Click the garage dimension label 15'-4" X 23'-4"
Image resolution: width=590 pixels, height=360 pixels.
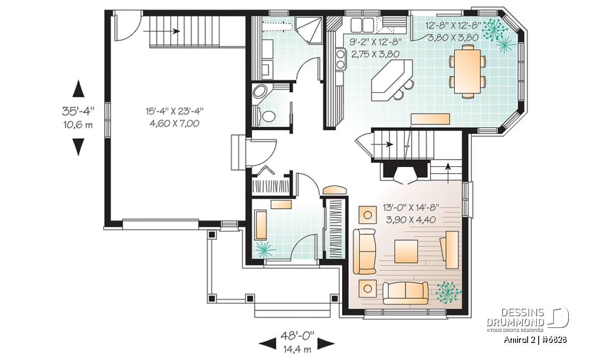coord(175,111)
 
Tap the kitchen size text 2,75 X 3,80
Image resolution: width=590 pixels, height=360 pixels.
coord(375,54)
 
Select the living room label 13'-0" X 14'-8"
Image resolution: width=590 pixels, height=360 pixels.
coord(411,207)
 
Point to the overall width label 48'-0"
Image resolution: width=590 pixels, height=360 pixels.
coord(297,335)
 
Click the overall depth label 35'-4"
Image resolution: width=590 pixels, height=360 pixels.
coord(78,111)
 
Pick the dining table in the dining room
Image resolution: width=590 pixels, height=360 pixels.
coord(467,71)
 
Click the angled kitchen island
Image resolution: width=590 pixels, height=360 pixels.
coord(391,80)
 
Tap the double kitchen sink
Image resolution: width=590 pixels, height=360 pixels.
coord(362,25)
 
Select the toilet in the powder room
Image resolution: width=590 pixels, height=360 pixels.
coord(267,116)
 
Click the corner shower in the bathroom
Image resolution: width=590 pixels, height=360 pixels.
coord(308,30)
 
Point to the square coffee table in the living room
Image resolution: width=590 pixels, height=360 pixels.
coord(406,251)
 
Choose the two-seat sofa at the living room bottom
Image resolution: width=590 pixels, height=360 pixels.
coord(405,293)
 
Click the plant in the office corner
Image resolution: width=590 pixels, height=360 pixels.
coord(265,249)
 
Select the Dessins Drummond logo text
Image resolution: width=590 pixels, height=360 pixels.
coord(515,317)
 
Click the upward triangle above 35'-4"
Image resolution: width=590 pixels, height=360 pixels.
coord(78,89)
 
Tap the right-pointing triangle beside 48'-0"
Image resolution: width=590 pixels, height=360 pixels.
coord(326,343)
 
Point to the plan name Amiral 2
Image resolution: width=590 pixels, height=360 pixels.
coord(520,340)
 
